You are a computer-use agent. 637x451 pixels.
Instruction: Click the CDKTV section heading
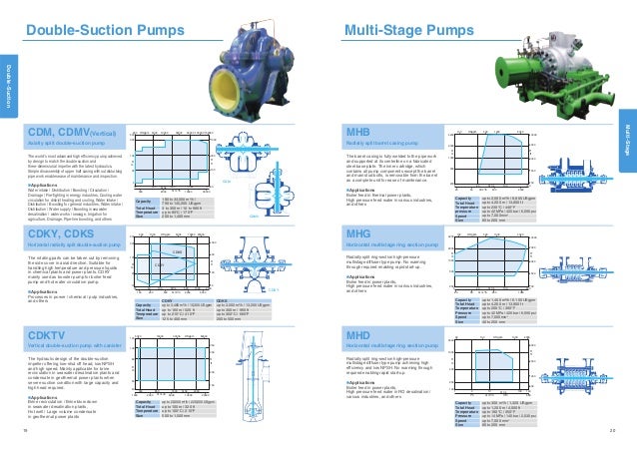coord(48,334)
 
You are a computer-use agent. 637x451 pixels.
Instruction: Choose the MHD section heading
coord(357,333)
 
